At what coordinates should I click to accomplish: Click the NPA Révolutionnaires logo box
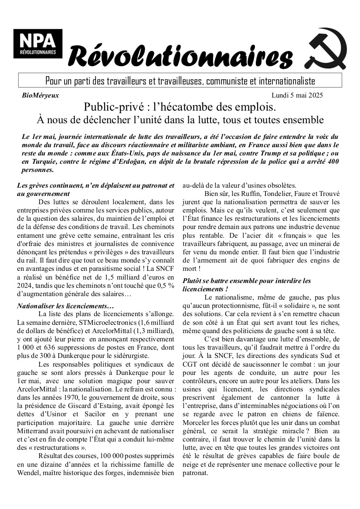click(37, 44)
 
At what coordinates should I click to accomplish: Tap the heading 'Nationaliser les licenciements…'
click(65, 306)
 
